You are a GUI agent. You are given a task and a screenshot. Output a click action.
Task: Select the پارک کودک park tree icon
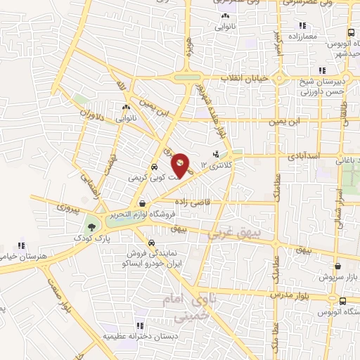coord(90,226)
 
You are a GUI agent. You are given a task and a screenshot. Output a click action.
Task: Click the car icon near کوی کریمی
coord(153,168)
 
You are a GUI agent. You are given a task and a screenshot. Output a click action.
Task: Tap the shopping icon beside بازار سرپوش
coord(340,266)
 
